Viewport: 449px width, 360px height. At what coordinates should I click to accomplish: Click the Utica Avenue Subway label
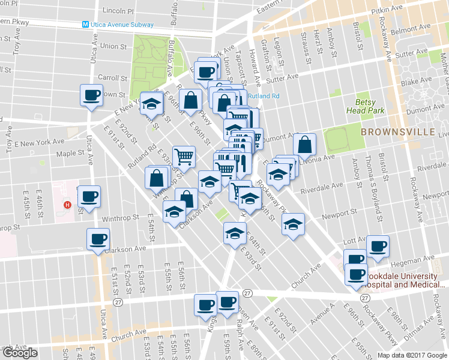click(122, 25)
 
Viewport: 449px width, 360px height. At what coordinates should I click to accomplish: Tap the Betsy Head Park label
click(361, 106)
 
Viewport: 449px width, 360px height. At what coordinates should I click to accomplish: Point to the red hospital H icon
click(68, 205)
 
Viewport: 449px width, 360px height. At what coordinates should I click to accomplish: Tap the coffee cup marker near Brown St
click(92, 96)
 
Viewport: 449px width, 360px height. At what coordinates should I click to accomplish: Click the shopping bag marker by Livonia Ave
click(305, 145)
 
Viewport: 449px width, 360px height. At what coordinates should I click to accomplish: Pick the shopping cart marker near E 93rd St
click(184, 157)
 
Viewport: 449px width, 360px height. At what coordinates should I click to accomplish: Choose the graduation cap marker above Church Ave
click(292, 226)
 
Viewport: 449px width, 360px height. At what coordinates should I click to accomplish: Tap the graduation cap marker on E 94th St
click(235, 233)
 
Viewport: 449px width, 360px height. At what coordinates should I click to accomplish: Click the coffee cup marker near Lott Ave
click(378, 247)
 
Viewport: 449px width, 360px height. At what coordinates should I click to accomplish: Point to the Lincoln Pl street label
click(119, 11)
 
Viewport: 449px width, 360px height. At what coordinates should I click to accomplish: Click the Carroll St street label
click(112, 78)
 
